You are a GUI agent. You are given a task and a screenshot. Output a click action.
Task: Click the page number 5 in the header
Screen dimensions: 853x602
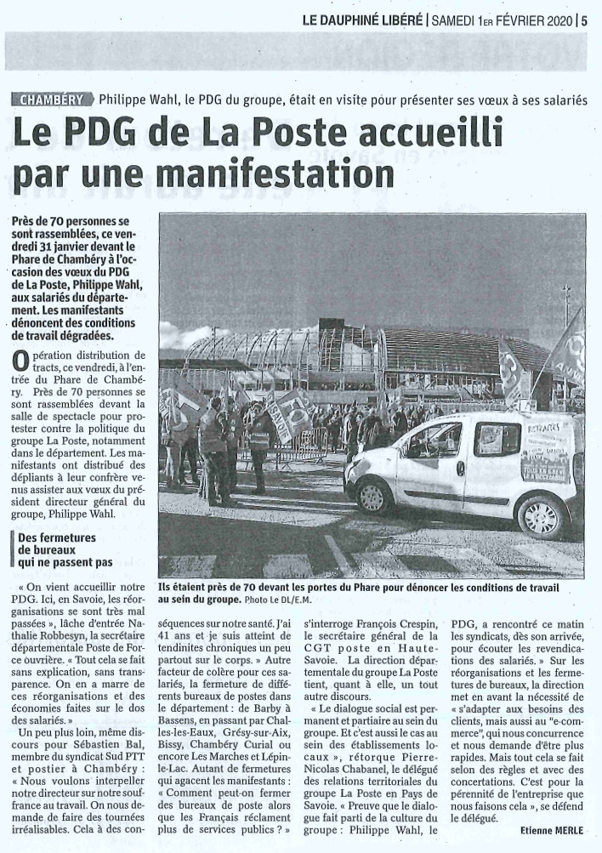pos(585,22)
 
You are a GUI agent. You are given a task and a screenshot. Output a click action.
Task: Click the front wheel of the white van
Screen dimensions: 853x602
pos(374,495)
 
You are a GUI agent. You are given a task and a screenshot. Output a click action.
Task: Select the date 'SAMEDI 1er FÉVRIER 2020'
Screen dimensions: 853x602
pos(503,22)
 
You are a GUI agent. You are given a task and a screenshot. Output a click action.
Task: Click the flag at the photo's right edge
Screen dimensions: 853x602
pos(568,349)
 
